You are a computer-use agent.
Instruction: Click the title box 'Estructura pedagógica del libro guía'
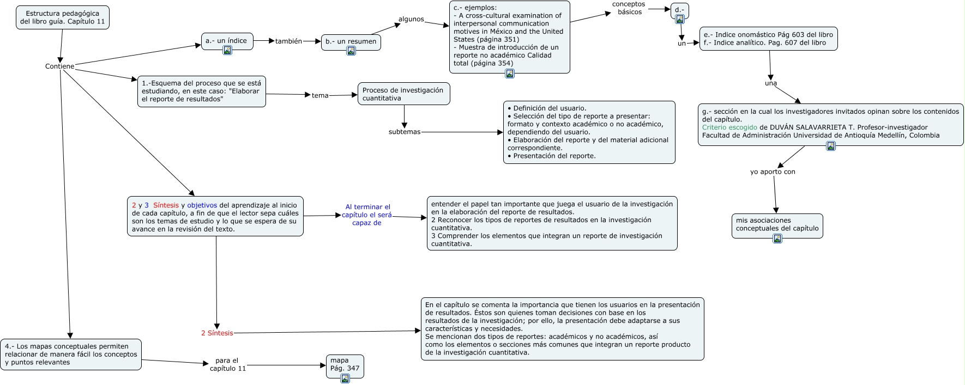click(62, 17)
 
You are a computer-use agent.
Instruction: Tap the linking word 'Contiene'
click(59, 66)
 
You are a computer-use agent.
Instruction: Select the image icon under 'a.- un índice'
click(227, 50)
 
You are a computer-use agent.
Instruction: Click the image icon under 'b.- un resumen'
click(351, 51)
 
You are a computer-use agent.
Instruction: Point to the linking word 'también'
click(288, 41)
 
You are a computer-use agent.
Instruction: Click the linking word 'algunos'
click(411, 19)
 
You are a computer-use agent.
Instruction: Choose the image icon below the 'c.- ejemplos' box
click(510, 74)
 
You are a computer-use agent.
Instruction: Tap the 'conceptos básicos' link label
click(629, 8)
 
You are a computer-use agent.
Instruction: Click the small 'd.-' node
click(679, 10)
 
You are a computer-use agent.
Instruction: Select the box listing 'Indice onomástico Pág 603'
click(768, 39)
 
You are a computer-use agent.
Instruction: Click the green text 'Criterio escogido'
click(729, 127)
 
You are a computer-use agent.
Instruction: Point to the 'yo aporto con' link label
click(773, 172)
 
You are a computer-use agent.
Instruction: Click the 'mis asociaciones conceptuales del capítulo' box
click(777, 224)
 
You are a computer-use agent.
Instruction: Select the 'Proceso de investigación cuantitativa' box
click(403, 94)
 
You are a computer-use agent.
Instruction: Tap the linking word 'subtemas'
click(405, 132)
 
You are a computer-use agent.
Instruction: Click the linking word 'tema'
click(320, 96)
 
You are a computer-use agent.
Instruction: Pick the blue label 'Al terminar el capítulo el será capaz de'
click(367, 215)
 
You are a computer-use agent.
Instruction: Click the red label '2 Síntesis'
click(217, 333)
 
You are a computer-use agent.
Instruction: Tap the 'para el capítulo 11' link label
click(227, 364)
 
